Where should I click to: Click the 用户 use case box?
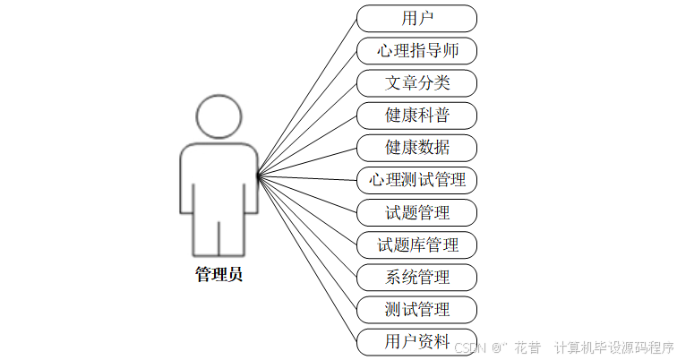pyautogui.click(x=416, y=18)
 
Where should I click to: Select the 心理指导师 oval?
pyautogui.click(x=416, y=50)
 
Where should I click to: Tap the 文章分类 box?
pyautogui.click(x=416, y=83)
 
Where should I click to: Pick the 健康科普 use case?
pyautogui.click(x=416, y=116)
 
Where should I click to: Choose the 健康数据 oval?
pyautogui.click(x=416, y=148)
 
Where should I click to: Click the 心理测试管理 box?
pyautogui.click(x=416, y=180)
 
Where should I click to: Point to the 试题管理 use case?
pyautogui.click(x=416, y=212)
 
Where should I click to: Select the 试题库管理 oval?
pyautogui.click(x=416, y=244)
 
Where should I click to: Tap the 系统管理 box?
pyautogui.click(x=416, y=277)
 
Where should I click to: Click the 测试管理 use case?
pyautogui.click(x=416, y=309)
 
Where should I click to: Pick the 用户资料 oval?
pyautogui.click(x=416, y=341)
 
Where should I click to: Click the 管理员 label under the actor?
pyautogui.click(x=219, y=275)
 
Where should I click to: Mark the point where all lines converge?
pyautogui.click(x=258, y=176)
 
